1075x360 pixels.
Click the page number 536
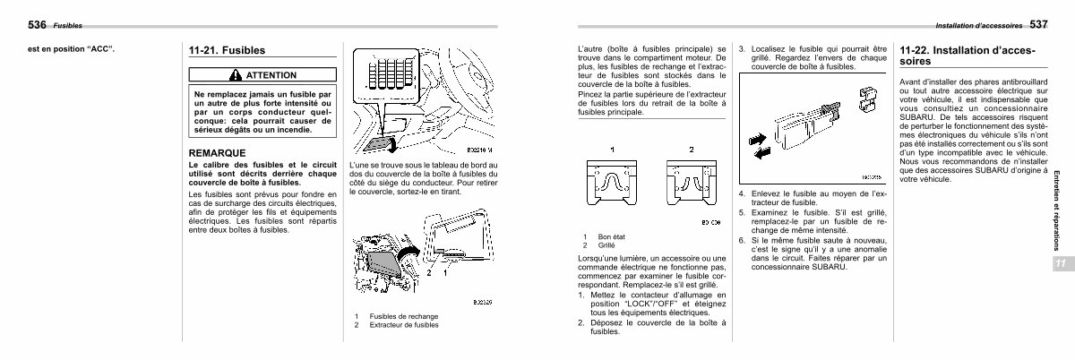pyautogui.click(x=15, y=24)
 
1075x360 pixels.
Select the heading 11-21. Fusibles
pyautogui.click(x=227, y=51)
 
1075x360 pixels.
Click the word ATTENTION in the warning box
pyautogui.click(x=269, y=74)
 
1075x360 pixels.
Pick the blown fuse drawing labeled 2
pyautogui.click(x=691, y=183)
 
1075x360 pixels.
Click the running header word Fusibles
pyautogui.click(x=67, y=25)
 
